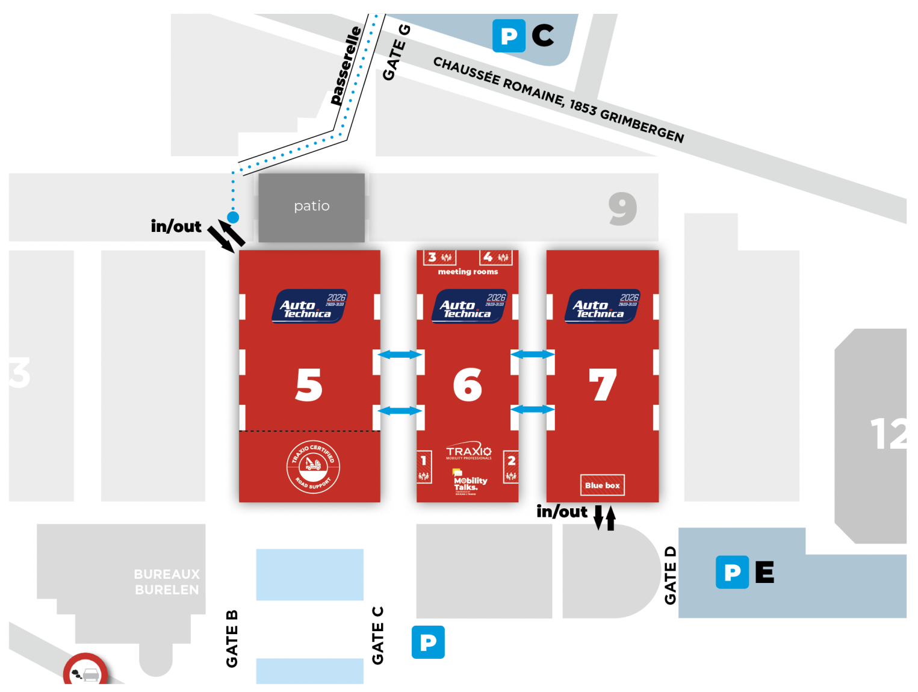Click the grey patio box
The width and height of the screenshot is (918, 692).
pos(311,207)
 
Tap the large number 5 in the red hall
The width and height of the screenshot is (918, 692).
pos(309,385)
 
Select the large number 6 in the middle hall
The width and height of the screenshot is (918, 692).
pos(468,385)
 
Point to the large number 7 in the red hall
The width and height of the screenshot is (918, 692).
pos(603,385)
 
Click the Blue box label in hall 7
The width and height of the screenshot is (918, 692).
pos(602,485)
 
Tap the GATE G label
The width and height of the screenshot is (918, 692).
pos(395,53)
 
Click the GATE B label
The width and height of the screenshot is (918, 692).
pos(232,639)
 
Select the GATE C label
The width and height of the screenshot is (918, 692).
pos(377,635)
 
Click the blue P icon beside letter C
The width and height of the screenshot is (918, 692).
pos(509,36)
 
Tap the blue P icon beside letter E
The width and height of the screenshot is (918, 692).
pos(732,572)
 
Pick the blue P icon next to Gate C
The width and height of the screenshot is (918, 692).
pos(428,642)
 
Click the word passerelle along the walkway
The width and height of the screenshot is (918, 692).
pos(346,66)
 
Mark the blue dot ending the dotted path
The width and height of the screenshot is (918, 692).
pos(233,217)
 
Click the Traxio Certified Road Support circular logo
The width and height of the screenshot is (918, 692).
pos(313,467)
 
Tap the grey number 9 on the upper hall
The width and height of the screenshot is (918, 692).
pos(622,208)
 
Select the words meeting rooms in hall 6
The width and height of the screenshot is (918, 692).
pos(468,272)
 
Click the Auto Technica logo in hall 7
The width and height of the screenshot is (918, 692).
pos(602,306)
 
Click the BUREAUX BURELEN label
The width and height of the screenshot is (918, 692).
pos(167,582)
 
